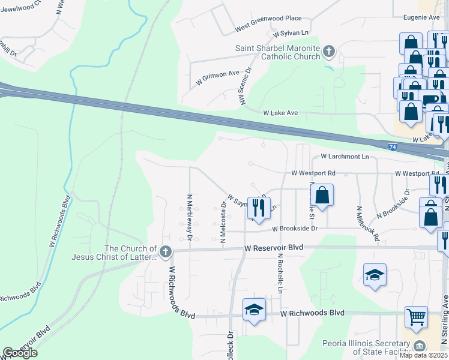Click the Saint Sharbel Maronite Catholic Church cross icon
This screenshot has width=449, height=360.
[328, 51]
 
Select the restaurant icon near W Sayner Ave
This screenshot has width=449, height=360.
[259, 208]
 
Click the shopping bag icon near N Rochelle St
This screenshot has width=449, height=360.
[322, 195]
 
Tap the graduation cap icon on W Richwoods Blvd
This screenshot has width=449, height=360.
[255, 310]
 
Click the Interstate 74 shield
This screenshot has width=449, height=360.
[391, 146]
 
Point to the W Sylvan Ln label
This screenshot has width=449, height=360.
[291, 33]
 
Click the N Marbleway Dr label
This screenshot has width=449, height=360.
[190, 217]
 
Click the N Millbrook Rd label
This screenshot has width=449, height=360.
[368, 224]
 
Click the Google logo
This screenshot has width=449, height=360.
[20, 353]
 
